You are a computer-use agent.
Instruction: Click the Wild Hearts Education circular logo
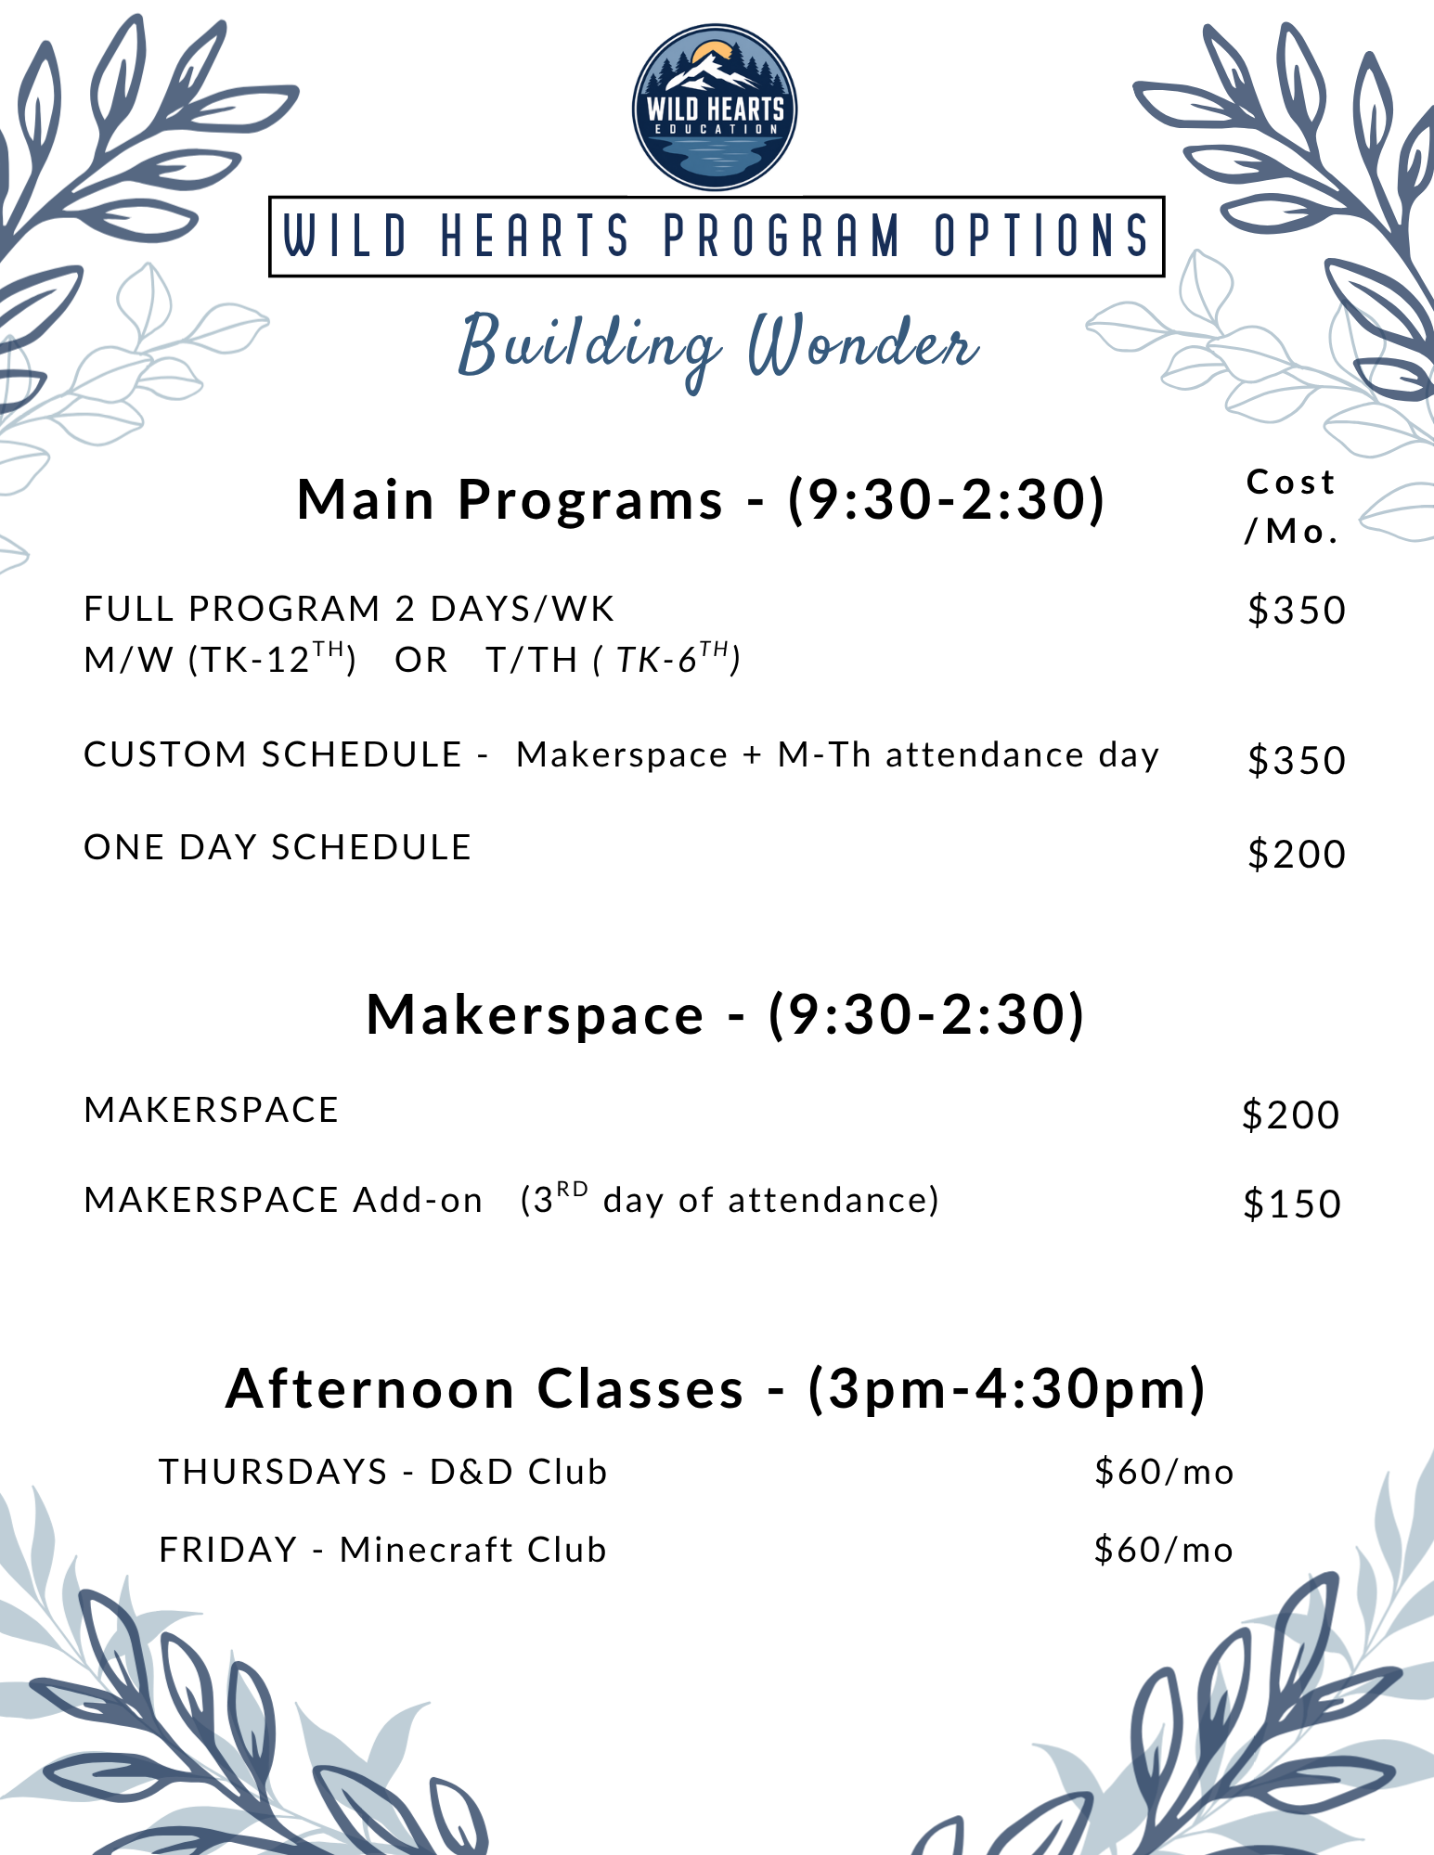[714, 107]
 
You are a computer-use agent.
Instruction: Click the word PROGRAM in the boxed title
[782, 236]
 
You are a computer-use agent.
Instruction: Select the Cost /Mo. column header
[1291, 507]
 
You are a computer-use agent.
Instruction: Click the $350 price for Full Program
[1297, 611]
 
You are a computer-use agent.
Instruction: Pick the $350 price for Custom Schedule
[1297, 760]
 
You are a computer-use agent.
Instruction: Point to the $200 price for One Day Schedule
[1297, 854]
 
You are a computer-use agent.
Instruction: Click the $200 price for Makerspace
[1291, 1114]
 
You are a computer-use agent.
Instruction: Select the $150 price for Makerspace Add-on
[1292, 1204]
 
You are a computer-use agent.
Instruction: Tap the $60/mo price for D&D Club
[1164, 1473]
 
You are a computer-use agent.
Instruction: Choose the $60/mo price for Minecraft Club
[1164, 1551]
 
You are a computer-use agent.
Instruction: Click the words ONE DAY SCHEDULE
[278, 847]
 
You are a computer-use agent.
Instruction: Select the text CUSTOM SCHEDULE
[273, 754]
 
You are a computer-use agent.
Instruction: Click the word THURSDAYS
[273, 1472]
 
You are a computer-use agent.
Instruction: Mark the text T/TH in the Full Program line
[532, 660]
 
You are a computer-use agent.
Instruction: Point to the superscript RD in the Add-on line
[573, 1188]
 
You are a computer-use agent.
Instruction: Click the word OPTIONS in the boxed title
[1041, 236]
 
